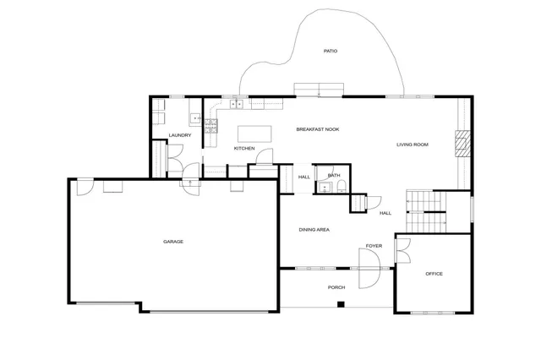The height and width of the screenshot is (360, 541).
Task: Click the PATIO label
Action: coord(331,52)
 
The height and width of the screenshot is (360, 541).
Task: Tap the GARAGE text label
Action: coord(173,242)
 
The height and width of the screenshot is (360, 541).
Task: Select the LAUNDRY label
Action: coord(179,135)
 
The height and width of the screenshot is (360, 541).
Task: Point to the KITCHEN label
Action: coord(244,149)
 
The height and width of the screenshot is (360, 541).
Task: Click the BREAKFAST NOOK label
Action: coord(317,129)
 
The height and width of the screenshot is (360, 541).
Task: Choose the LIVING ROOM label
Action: coord(413,145)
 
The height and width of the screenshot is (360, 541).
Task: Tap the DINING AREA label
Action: coord(314,230)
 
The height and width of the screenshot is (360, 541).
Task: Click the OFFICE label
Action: coord(434,274)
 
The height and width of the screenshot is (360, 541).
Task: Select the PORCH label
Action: coord(336,287)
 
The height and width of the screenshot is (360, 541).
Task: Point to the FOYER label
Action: coord(374,246)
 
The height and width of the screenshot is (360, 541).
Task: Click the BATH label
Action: coord(334,176)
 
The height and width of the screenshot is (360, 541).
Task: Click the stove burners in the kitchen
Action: coord(210,127)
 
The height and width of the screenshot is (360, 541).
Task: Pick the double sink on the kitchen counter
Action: coord(235,105)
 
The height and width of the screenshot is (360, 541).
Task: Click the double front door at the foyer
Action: coord(372,269)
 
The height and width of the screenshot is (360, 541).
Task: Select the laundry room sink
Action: coord(194,119)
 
